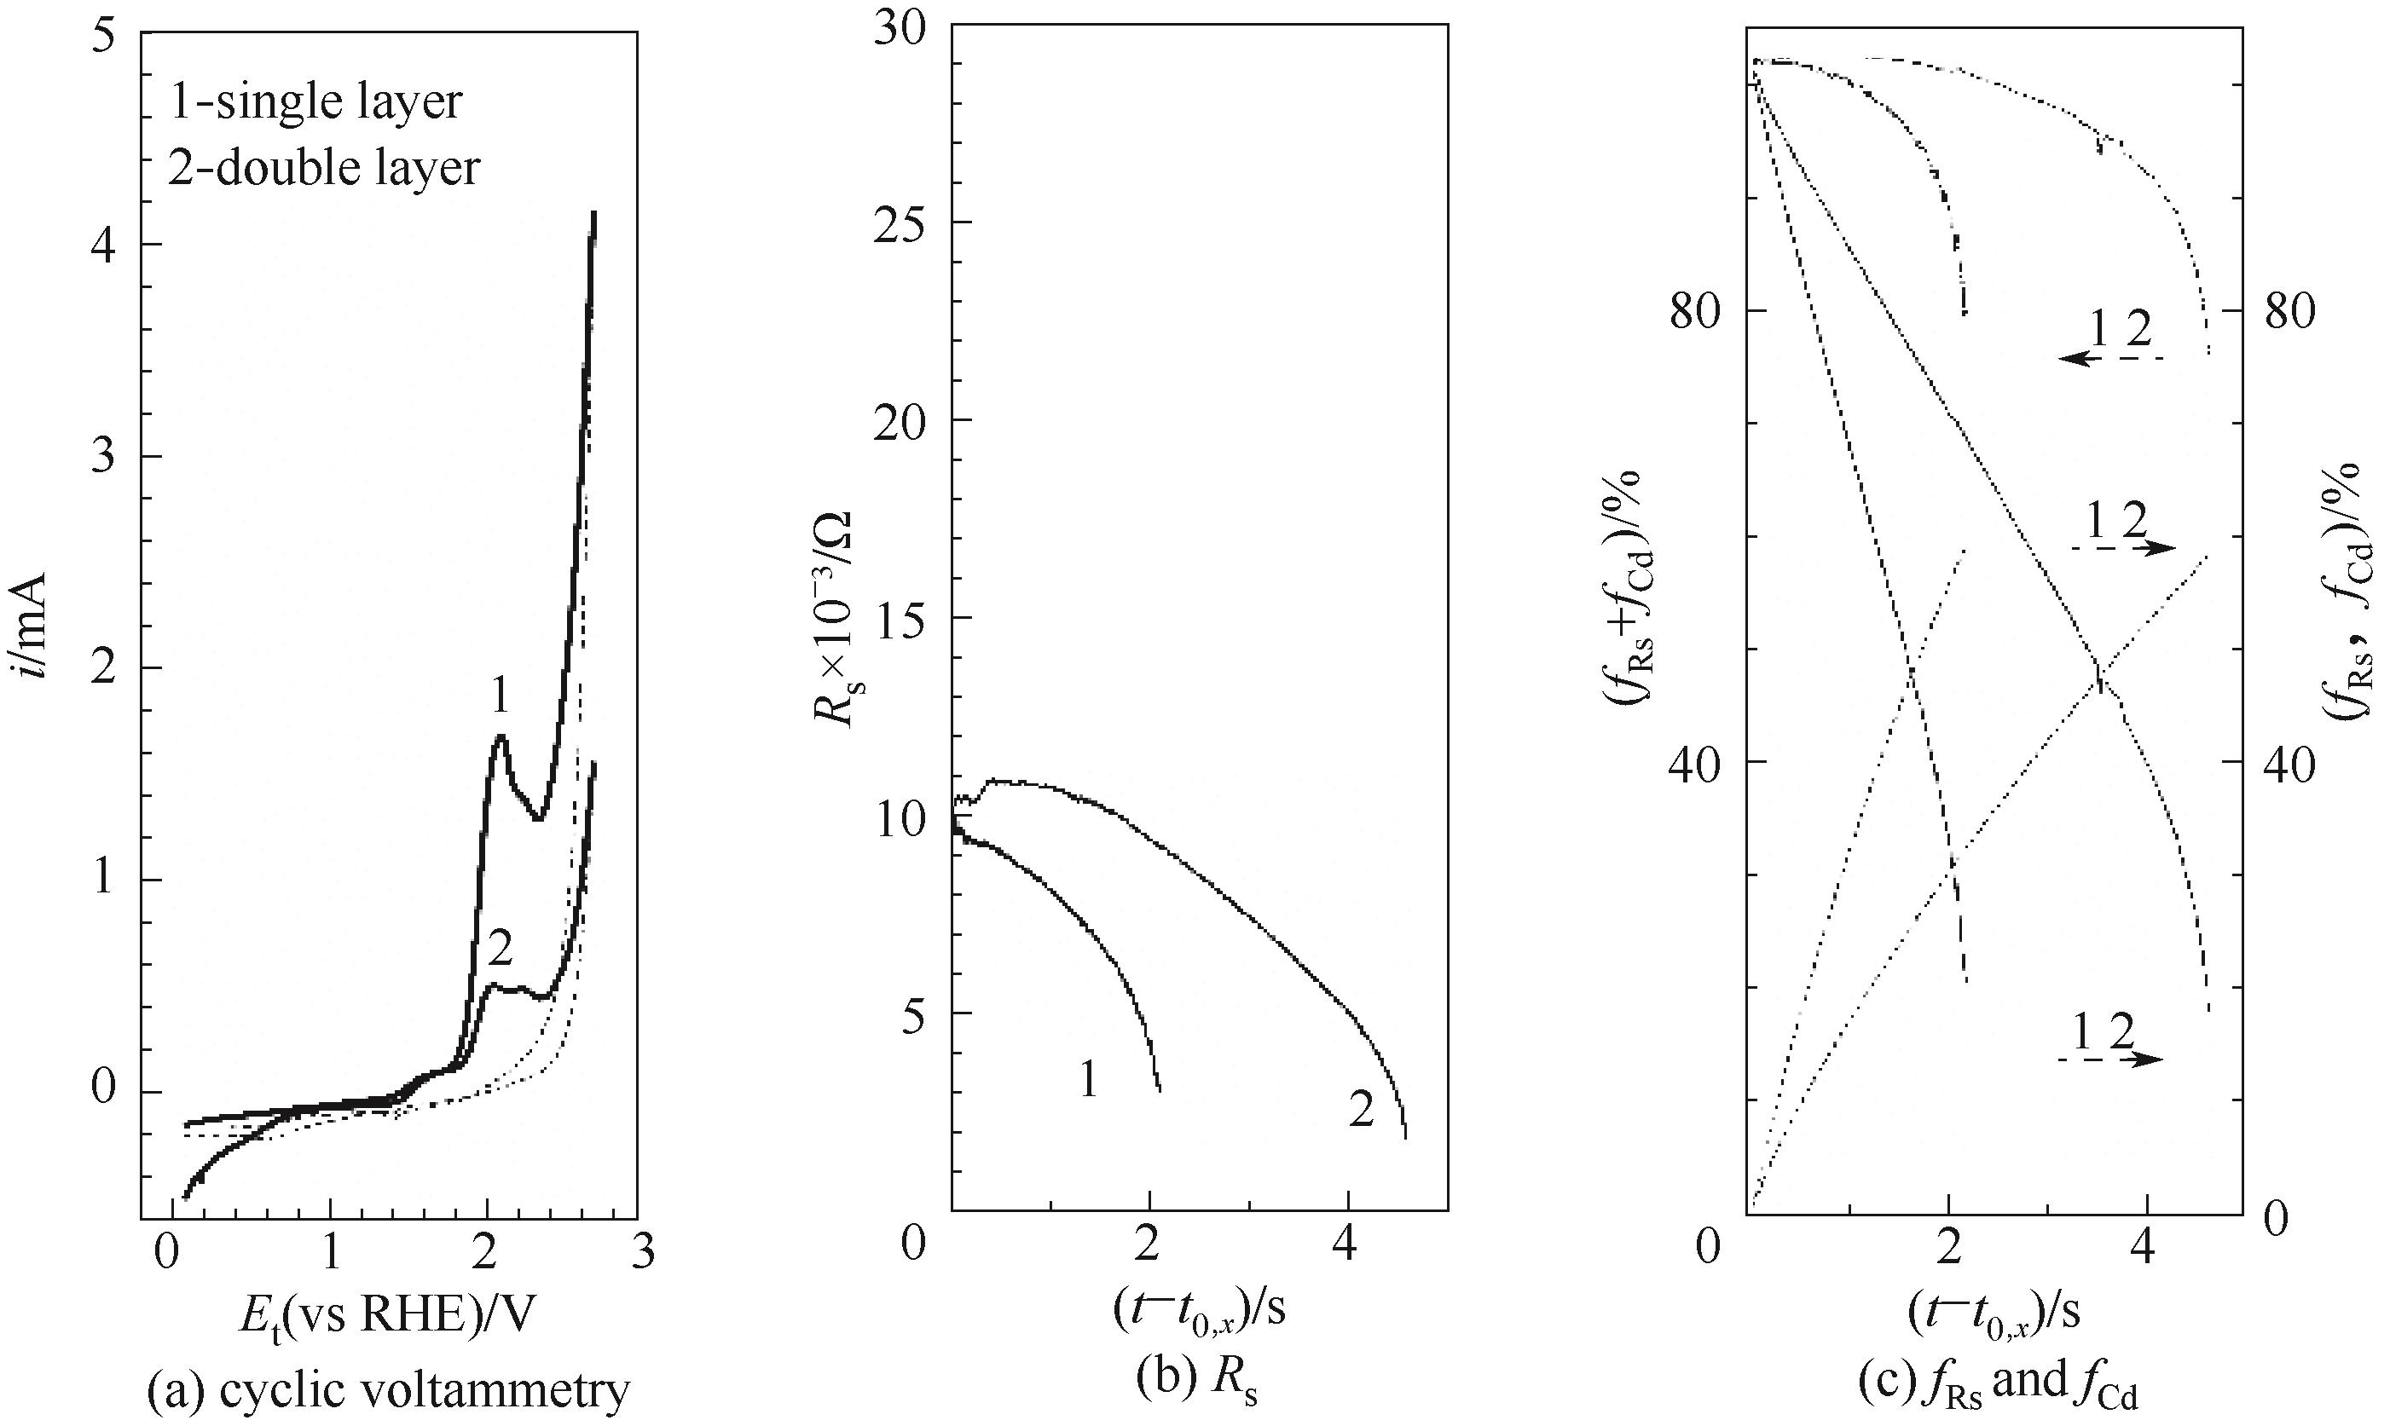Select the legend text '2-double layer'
point(324,168)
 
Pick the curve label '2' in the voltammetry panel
point(499,950)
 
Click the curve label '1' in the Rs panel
point(1088,1082)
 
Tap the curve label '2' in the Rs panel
point(1361,1111)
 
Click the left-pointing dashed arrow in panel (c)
point(2110,357)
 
